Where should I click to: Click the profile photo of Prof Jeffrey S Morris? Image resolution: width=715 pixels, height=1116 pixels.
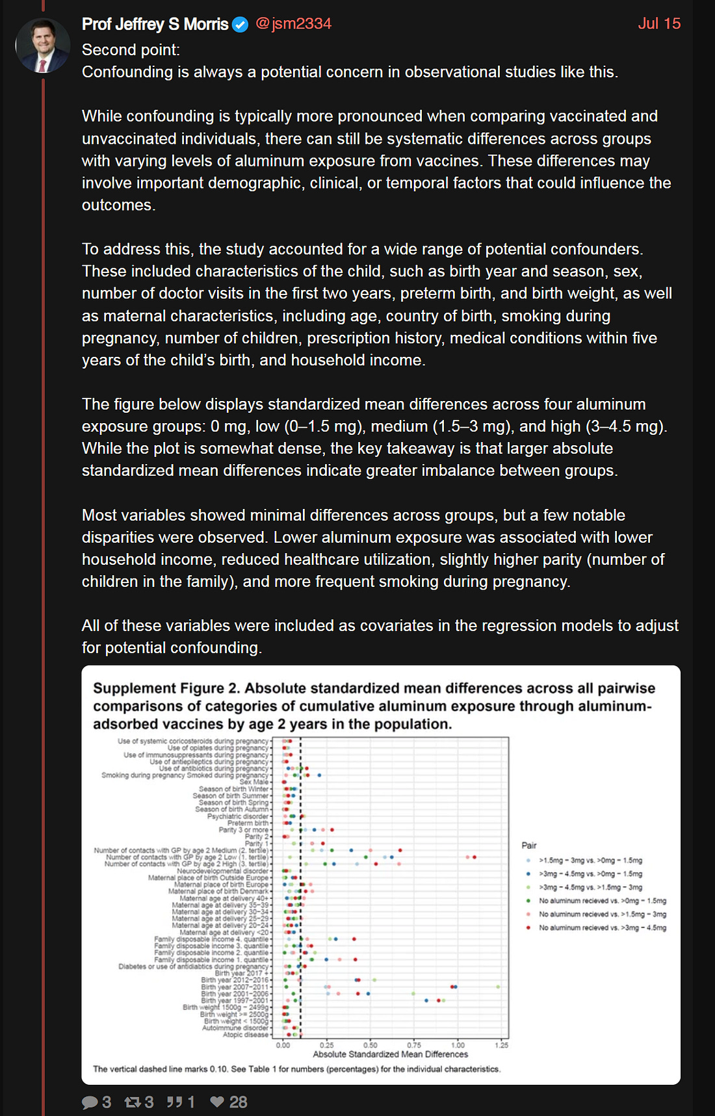pos(42,45)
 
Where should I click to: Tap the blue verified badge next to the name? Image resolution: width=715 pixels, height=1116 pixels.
pos(240,25)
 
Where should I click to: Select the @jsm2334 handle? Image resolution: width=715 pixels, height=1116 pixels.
pos(293,24)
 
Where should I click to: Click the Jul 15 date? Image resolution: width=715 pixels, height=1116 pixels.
pos(658,24)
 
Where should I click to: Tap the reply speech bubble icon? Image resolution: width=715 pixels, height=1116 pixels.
pos(90,1102)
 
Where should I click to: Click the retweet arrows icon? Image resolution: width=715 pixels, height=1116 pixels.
pos(133,1102)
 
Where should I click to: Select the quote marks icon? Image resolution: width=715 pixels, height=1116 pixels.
pos(174,1102)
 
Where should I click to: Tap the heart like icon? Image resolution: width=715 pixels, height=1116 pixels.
pos(217,1102)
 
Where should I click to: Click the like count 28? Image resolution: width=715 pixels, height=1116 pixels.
pos(238,1102)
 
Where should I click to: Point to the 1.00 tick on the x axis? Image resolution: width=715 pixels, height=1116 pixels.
pos(458,1045)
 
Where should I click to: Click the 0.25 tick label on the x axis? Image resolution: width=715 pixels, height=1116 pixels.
pos(327,1045)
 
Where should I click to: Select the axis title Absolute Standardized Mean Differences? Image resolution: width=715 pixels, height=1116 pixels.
pos(390,1054)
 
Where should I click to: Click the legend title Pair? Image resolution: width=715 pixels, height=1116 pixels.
pos(529,846)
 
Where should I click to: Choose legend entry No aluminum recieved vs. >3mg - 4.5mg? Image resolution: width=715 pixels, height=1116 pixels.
pos(602,928)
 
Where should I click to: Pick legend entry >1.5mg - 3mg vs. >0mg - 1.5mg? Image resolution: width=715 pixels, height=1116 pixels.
pos(590,860)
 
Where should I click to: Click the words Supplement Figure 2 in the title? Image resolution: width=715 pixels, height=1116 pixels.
pos(166,688)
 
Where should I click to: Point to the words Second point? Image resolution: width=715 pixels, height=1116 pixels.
pos(131,50)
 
